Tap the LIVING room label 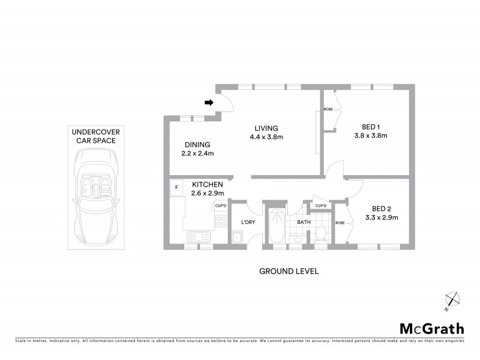click(265, 128)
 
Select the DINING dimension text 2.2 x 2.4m click(197, 154)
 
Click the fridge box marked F click(176, 187)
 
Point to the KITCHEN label click(208, 184)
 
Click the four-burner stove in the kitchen click(221, 223)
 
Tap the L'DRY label click(249, 223)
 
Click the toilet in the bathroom click(320, 234)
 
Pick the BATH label click(304, 222)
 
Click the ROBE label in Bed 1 click(328, 109)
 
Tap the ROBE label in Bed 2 click(340, 223)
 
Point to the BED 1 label click(371, 127)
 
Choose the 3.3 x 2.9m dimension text click(382, 217)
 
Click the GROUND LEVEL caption click(288, 271)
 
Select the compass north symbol click(451, 300)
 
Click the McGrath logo click(431, 328)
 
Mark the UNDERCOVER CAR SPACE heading click(93, 136)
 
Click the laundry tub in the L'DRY click(238, 237)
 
